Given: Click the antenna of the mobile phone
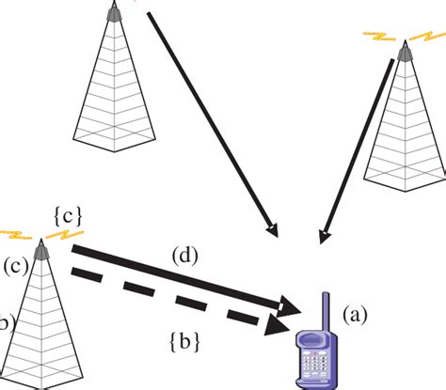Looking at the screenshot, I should pos(323,309).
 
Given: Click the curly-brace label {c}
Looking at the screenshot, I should pos(68,215).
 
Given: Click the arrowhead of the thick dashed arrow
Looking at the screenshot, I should pos(279,326).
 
